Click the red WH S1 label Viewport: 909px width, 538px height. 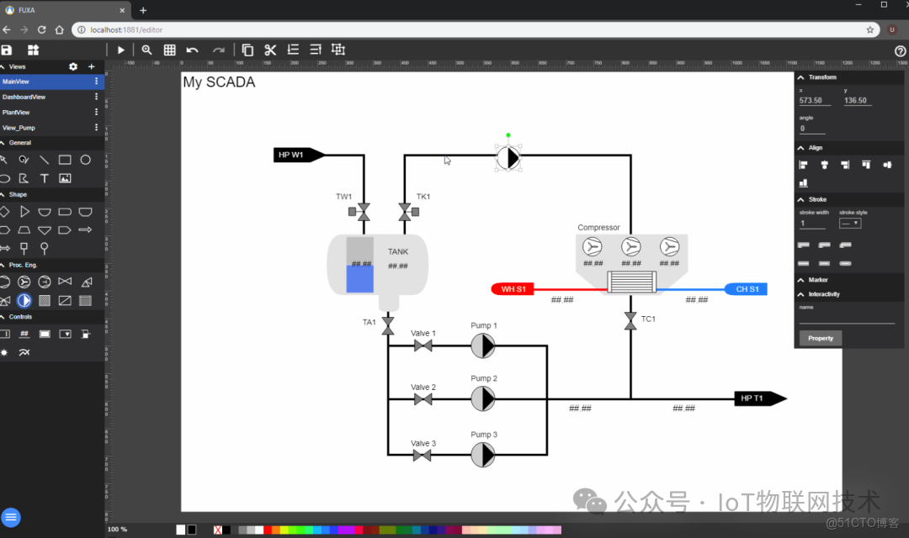point(513,289)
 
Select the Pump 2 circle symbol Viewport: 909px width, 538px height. point(482,398)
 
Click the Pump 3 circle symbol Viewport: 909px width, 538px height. point(482,455)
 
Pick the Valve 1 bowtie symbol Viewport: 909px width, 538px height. point(423,345)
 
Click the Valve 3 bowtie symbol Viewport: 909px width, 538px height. point(423,455)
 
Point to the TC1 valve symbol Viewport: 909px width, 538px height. point(630,320)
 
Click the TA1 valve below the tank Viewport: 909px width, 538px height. point(388,324)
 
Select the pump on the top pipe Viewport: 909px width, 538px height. point(508,158)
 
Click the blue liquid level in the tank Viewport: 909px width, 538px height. point(359,278)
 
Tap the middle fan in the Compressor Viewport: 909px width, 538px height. point(631,247)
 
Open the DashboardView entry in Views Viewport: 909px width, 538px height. point(24,97)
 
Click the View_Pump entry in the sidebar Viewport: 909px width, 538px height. point(19,128)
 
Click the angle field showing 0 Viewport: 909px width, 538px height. point(811,129)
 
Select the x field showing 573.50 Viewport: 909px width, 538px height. point(814,101)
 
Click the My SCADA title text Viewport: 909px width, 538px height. point(219,82)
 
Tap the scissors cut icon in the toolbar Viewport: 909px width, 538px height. point(270,50)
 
